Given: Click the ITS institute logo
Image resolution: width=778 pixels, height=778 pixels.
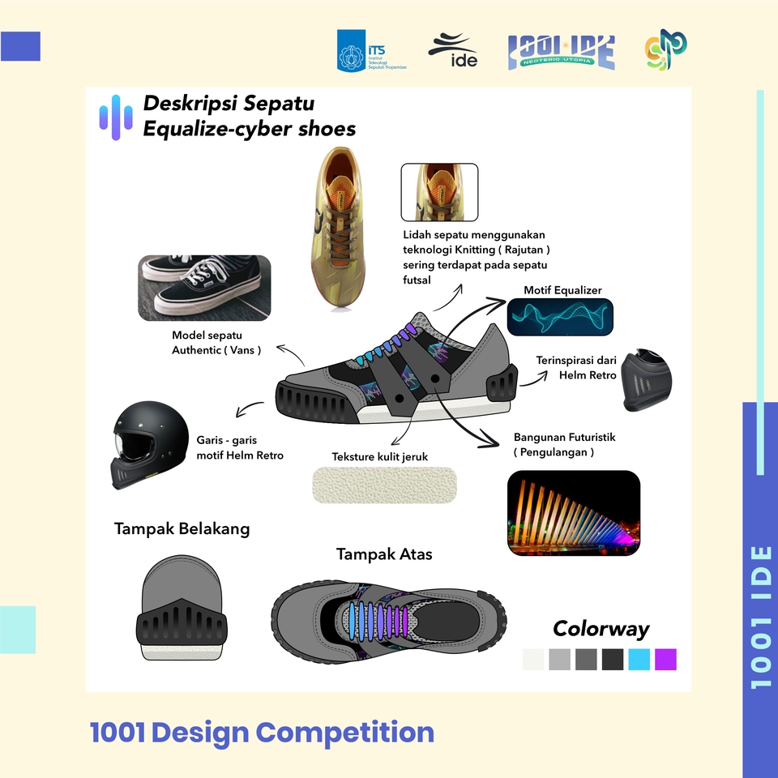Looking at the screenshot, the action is coord(372,50).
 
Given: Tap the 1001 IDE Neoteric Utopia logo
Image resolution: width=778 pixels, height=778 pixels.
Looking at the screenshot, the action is coord(561,52).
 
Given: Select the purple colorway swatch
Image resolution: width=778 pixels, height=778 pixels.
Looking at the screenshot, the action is coord(665,660).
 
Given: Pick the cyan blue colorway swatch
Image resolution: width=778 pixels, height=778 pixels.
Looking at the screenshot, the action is coord(639,660).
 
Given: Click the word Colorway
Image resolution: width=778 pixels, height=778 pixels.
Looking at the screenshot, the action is coord(601,629).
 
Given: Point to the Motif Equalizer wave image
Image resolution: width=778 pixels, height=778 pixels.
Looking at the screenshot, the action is coord(560,317).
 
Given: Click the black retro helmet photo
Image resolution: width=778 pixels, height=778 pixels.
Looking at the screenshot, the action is coord(150,445).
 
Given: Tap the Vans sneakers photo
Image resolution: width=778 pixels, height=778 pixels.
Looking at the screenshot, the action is coord(204,288).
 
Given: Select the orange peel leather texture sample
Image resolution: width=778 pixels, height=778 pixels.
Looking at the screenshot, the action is coord(384,485).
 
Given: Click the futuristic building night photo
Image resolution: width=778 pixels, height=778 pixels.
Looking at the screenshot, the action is coord(574,513).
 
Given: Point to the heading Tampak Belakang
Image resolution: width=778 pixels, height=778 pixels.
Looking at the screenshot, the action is coord(182,529).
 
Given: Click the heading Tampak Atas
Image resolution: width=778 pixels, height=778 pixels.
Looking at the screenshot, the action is coord(384,554).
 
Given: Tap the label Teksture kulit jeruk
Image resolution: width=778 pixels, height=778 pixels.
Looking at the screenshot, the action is coord(379,456).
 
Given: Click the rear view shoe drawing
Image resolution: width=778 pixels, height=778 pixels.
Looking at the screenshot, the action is coord(182,608).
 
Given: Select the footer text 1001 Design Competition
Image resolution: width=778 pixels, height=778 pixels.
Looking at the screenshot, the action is coord(262,733).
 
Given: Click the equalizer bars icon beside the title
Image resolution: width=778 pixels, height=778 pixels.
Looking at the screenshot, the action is coord(116,118).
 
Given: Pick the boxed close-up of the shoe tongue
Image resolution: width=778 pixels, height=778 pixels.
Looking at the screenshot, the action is coord(439,192).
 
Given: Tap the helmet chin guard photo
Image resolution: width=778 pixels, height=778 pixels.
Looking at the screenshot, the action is coord(647,379).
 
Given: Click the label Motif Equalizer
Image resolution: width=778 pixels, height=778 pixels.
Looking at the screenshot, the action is coord(562,290).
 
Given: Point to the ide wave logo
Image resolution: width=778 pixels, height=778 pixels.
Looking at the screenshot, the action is coord(453,50).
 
